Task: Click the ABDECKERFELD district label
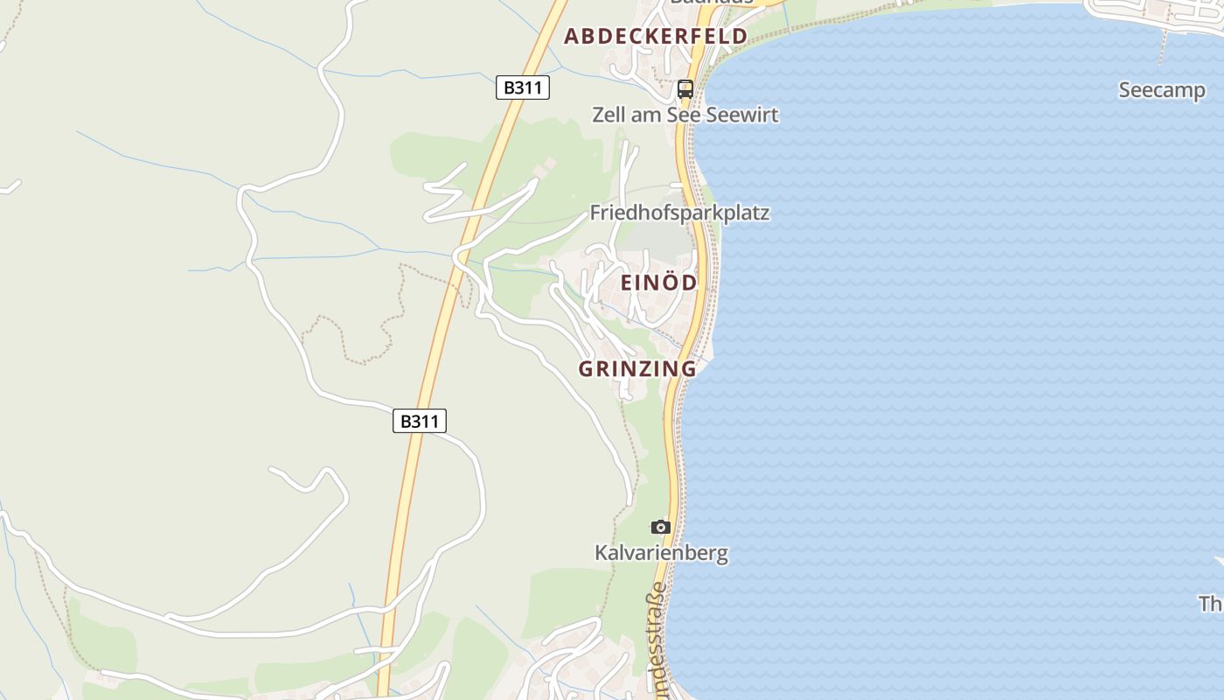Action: click(655, 36)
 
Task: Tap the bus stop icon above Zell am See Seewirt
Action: click(685, 88)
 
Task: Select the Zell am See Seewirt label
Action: click(685, 115)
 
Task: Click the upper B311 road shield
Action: click(522, 87)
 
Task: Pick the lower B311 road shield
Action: click(419, 421)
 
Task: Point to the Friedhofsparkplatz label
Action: click(679, 213)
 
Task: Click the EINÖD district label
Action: click(659, 283)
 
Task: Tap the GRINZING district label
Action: click(637, 368)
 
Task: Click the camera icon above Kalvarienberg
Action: click(661, 527)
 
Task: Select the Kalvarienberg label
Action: click(661, 553)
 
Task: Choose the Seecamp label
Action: click(1162, 90)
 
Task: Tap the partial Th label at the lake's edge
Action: click(1211, 604)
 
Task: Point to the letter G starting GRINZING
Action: click(587, 368)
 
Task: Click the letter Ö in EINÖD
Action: click(667, 282)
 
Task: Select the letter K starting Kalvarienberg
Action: click(602, 553)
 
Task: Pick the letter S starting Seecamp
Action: click(1126, 90)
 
